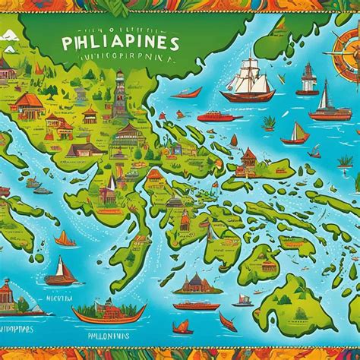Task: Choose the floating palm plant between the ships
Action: pos(268,122)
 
